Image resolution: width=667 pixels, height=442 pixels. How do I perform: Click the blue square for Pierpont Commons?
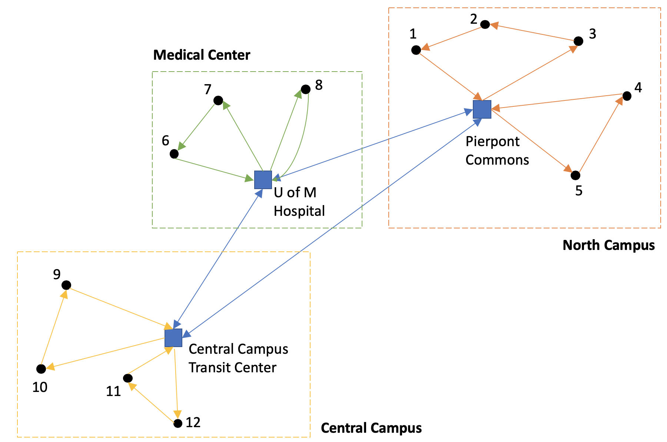coord(482,109)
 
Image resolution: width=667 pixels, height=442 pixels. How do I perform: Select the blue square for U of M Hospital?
coord(263,180)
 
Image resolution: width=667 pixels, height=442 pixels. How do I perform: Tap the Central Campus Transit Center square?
coord(173,337)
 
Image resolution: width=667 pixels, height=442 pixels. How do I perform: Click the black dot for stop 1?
coord(416,50)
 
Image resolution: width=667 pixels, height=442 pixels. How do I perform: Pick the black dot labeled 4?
coord(627,96)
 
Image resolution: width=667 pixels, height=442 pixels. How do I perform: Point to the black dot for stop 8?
coord(305,89)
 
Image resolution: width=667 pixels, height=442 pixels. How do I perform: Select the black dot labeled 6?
coord(174,154)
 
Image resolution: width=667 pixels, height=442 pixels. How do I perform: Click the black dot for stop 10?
coord(41,369)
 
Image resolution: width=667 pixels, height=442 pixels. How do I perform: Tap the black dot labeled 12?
coord(178,423)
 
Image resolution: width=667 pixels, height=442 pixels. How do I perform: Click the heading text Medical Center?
coord(202,55)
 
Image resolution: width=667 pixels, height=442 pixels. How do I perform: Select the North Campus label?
coord(608,245)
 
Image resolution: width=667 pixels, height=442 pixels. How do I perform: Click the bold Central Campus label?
coord(371,428)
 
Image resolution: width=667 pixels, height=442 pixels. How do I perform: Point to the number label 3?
coord(593,34)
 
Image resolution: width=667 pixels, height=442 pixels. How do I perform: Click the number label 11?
coord(113,391)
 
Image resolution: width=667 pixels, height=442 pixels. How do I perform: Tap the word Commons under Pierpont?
coord(497,160)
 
